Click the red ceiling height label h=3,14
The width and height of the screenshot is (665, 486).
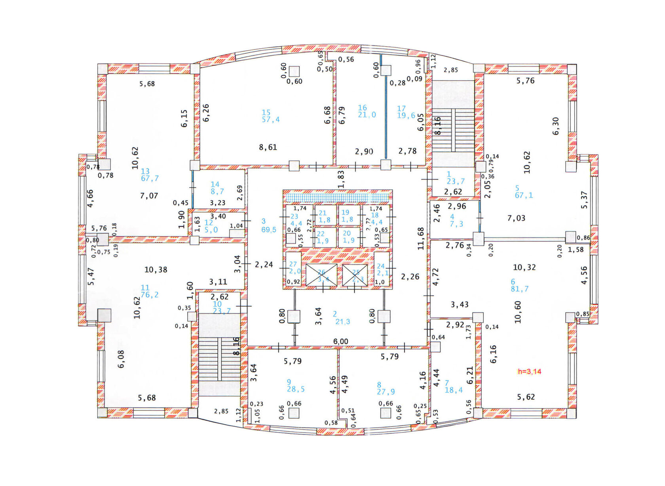point(529,371)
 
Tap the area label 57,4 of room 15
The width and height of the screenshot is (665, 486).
point(271,120)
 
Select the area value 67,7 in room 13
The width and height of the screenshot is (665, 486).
point(150,178)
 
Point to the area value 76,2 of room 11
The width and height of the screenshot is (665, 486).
point(150,295)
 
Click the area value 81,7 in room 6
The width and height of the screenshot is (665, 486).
point(519,289)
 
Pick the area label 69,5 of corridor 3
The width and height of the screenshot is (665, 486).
point(269,230)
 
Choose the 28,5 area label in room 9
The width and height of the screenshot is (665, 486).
point(296,389)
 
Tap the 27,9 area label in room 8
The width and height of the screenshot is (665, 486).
point(386,391)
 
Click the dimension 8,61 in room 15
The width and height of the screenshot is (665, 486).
point(268,147)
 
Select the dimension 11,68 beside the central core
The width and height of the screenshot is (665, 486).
point(421,238)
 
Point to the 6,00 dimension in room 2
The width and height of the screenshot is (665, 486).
point(340,342)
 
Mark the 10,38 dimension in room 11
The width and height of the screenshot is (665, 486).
point(156,270)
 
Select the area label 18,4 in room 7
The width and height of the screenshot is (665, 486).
point(454,390)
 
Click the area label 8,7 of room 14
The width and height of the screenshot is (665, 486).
point(217,192)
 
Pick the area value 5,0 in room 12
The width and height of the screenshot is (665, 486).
point(211,230)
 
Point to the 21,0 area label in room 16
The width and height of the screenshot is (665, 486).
point(367,115)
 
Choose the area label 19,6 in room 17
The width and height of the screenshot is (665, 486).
point(406,116)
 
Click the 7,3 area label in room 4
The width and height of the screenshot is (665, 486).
point(456,224)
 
